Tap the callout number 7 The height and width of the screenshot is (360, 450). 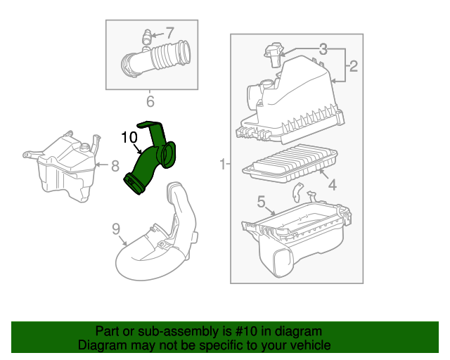(169, 32)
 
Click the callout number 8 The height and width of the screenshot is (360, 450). (115, 167)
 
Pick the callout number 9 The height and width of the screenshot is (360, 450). (117, 228)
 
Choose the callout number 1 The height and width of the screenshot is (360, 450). (223, 165)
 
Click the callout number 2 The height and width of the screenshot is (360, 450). (353, 67)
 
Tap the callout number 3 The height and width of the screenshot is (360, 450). (323, 49)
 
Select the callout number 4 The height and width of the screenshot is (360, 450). (332, 186)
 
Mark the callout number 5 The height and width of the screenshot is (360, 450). (261, 202)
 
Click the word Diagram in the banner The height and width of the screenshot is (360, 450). (103, 346)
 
